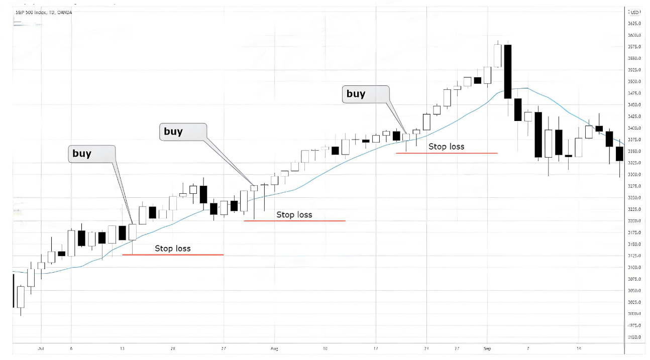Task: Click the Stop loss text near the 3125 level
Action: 172,248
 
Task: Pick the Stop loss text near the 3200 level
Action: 294,215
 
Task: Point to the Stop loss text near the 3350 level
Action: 446,147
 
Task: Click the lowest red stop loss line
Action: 173,255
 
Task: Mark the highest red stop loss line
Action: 447,153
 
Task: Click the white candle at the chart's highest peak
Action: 498,55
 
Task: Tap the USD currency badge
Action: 634,12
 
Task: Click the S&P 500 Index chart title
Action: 43,12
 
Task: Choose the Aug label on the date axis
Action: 274,347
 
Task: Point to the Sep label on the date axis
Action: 487,347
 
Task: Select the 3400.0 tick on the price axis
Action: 634,128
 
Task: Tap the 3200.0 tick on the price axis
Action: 634,221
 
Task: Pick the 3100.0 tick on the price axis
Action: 634,268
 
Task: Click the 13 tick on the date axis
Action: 122,347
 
